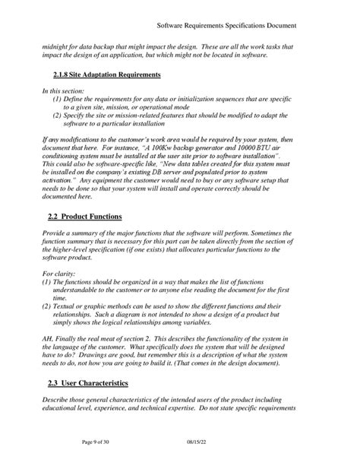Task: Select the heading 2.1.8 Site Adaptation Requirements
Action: [107, 75]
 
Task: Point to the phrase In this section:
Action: [63, 91]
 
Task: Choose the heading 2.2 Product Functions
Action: [84, 217]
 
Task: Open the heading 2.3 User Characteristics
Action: [88, 382]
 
